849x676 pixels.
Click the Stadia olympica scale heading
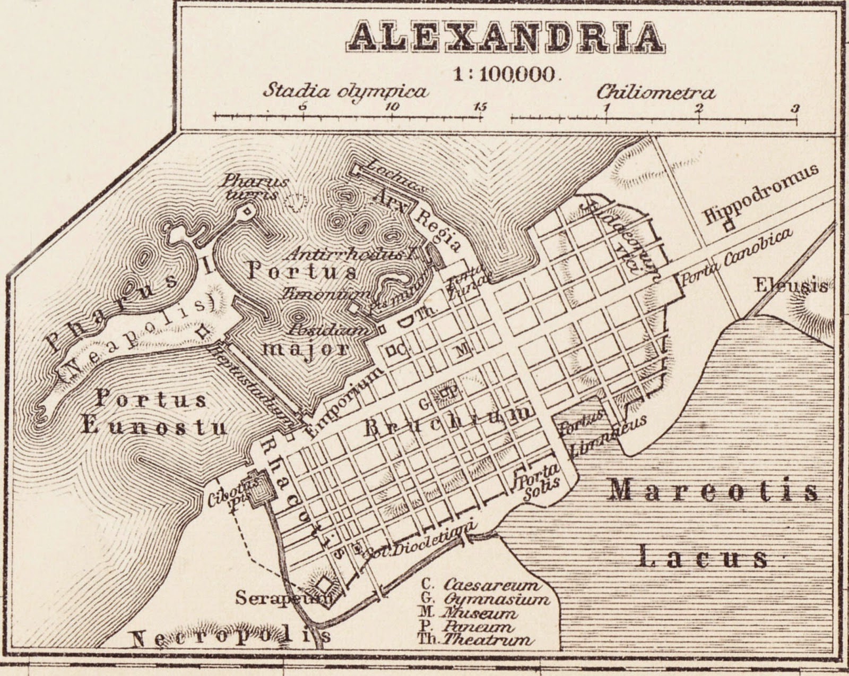pyautogui.click(x=345, y=91)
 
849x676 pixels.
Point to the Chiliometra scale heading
pyautogui.click(x=656, y=93)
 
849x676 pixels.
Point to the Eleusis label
pyautogui.click(x=791, y=286)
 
